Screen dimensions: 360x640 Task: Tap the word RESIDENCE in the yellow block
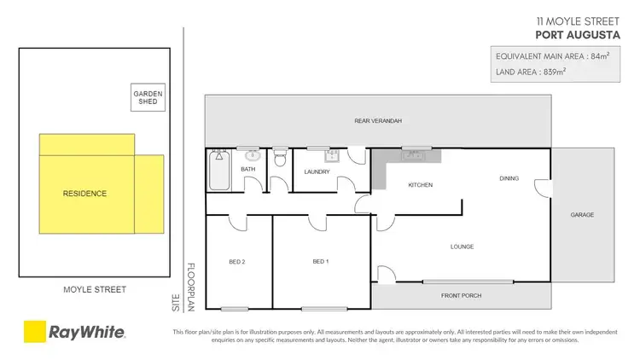(x=84, y=194)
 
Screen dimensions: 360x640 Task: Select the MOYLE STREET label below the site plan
(x=94, y=290)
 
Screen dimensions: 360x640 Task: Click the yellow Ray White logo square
(x=34, y=332)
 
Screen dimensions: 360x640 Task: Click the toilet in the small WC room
(x=280, y=160)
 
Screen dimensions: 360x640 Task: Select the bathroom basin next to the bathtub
(x=252, y=155)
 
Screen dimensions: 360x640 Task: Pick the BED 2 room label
(x=237, y=261)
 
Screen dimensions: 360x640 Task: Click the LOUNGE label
(x=463, y=247)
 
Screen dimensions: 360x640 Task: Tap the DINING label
(x=510, y=178)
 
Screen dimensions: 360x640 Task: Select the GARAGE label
(x=582, y=215)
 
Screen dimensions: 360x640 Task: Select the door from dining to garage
(x=539, y=185)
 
